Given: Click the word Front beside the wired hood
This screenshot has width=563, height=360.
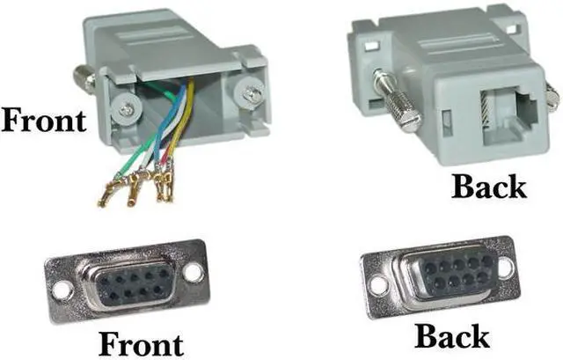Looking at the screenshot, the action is (44, 120).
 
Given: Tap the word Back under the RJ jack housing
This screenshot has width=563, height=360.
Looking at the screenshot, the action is (488, 186).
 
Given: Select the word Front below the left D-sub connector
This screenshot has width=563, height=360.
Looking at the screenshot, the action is (141, 341).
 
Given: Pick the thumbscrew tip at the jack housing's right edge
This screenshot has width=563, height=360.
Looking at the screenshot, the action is (552, 96).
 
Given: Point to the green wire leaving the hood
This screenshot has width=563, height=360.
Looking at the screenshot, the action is (132, 158).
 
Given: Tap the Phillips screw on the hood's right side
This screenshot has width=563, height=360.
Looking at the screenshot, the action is (252, 90).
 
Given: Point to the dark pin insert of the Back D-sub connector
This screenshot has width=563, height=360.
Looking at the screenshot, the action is (446, 269).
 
